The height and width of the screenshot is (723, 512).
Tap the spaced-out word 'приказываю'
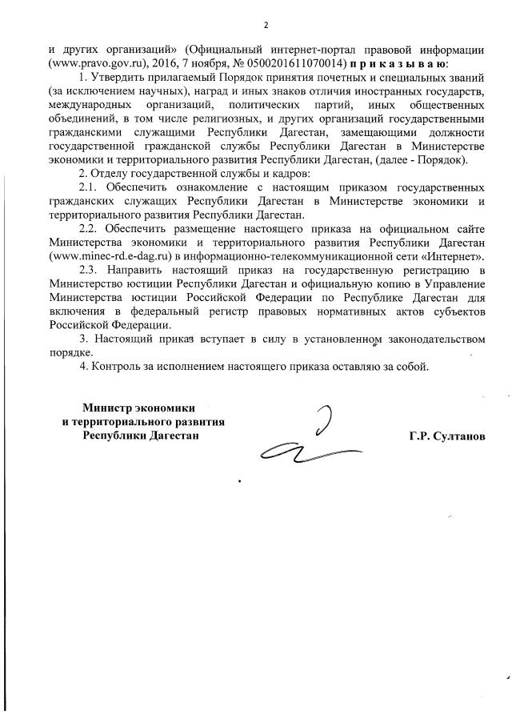[398, 62]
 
